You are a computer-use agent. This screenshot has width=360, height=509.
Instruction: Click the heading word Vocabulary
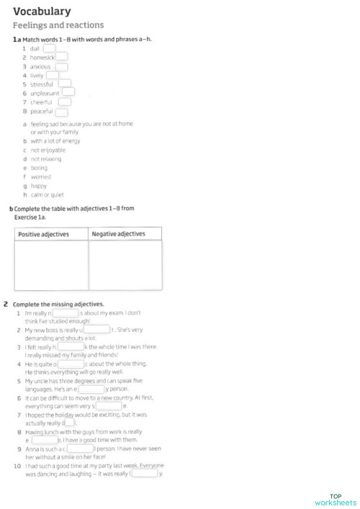(x=42, y=11)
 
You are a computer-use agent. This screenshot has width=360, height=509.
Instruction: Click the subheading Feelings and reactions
(x=58, y=25)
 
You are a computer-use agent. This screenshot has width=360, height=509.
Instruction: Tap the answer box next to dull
(x=49, y=48)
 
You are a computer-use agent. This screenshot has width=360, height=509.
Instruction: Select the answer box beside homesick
(x=62, y=57)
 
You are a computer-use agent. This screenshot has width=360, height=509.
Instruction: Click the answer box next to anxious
(x=61, y=66)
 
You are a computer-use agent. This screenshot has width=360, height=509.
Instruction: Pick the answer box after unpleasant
(x=68, y=92)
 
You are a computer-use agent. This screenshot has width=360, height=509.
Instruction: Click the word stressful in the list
(x=41, y=84)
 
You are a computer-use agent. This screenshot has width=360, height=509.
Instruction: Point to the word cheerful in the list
(x=41, y=102)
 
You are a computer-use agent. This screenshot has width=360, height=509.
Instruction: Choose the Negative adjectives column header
(x=119, y=234)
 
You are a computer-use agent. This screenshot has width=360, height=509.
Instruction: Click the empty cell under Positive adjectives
(x=51, y=266)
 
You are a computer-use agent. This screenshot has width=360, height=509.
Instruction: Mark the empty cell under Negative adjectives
(x=125, y=266)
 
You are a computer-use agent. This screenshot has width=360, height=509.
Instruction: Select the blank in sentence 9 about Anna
(x=80, y=449)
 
